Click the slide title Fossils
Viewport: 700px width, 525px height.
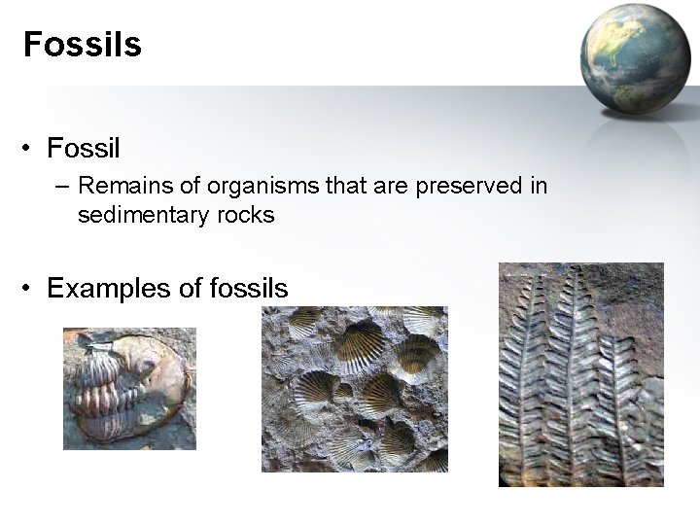[83, 45]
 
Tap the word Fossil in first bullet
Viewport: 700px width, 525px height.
[83, 149]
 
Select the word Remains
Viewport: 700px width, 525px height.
[118, 185]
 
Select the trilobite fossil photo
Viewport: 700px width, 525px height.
[129, 389]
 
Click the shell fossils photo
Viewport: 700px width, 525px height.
[354, 389]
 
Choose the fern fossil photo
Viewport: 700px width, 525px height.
[580, 374]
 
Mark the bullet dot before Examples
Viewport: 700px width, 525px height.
[31, 289]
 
